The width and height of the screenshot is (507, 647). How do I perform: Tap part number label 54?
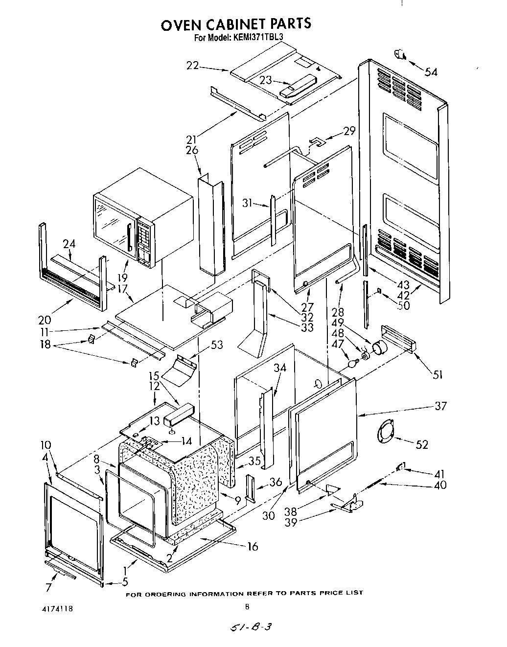431,72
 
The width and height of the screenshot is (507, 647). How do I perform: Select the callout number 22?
192,65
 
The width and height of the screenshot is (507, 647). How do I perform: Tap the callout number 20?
45,320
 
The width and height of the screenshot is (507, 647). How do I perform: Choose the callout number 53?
216,345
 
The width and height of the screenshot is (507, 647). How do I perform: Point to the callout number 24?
69,243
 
